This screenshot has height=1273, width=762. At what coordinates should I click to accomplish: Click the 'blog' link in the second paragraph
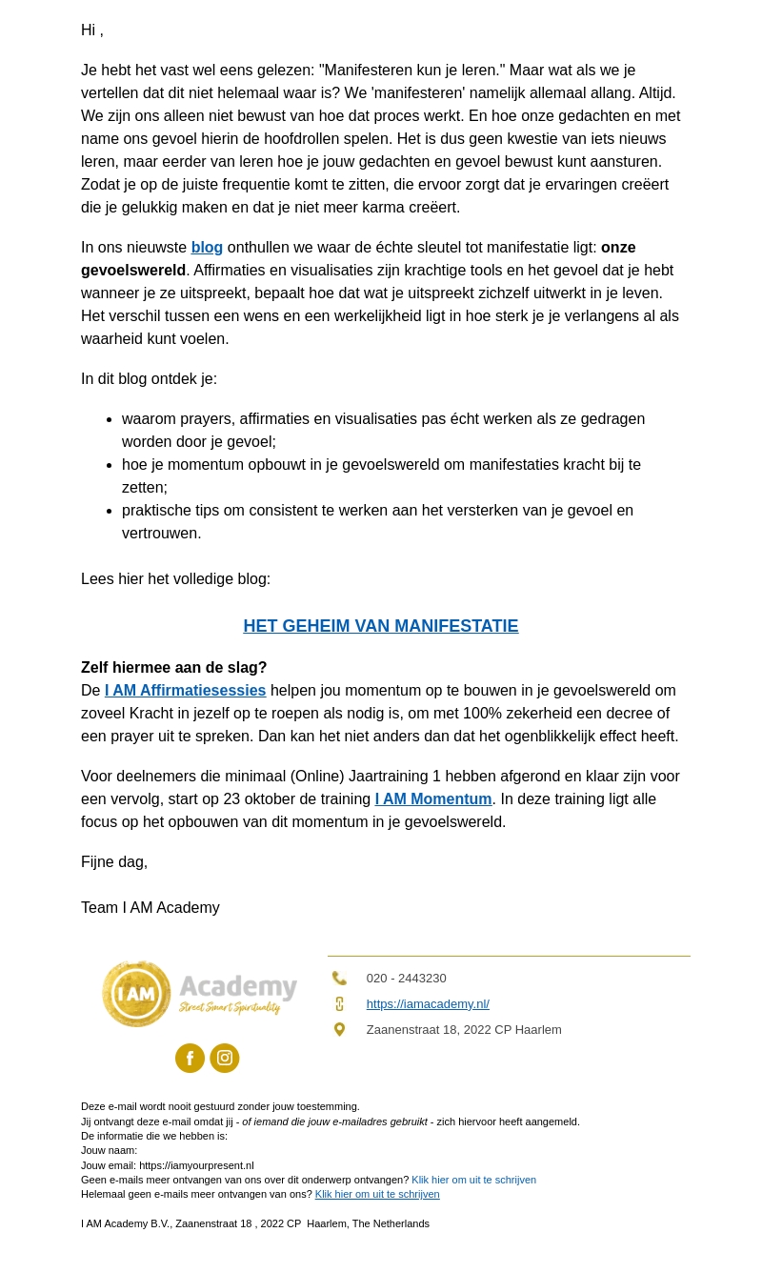(x=207, y=248)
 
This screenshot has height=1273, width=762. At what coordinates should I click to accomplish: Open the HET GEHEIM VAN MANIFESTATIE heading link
(x=381, y=626)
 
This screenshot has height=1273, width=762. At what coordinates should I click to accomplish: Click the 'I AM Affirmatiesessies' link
(x=185, y=691)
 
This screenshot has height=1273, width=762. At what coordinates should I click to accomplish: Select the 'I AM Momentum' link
(x=433, y=799)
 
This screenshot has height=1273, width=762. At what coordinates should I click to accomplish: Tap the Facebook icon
(x=190, y=1059)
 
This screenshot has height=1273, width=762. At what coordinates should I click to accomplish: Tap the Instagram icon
(x=225, y=1059)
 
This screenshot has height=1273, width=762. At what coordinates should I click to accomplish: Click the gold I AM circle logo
(x=136, y=994)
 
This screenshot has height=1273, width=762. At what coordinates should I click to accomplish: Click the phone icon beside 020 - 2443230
(x=339, y=979)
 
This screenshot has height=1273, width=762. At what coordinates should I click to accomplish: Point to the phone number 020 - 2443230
(x=406, y=979)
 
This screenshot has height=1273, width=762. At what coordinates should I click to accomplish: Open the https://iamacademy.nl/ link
(x=428, y=1004)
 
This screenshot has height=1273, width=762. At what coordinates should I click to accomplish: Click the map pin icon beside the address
(x=339, y=1030)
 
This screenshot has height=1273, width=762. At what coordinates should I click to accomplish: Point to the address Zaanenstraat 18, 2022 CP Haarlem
(x=464, y=1030)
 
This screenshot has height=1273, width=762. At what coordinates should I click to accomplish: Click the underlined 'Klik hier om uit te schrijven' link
(x=377, y=1195)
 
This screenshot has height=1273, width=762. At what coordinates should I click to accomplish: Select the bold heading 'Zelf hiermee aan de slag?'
(x=173, y=668)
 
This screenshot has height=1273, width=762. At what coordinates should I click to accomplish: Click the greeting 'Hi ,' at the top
(x=92, y=30)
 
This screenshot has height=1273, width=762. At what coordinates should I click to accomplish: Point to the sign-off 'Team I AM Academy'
(x=150, y=908)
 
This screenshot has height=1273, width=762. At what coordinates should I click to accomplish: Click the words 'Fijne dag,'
(x=114, y=862)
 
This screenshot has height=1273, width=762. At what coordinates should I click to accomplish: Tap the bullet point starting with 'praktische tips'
(x=377, y=511)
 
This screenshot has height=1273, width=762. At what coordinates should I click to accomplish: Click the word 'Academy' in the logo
(x=238, y=987)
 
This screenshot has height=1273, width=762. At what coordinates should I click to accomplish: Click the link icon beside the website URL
(x=339, y=1004)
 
